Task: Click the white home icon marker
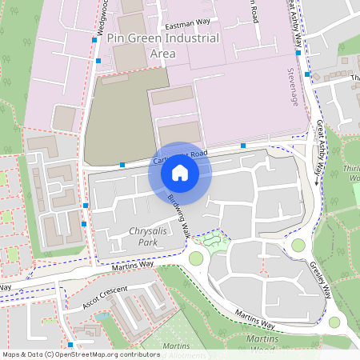click(x=180, y=172)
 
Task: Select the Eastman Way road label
click(x=186, y=26)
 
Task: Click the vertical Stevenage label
click(x=291, y=89)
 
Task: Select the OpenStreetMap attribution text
click(x=81, y=354)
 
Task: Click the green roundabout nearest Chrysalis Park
click(x=196, y=258)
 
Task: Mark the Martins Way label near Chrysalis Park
click(x=128, y=265)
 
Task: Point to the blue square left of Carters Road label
click(x=122, y=165)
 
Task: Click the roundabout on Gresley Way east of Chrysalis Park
click(x=298, y=246)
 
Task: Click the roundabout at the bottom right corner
click(x=334, y=322)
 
